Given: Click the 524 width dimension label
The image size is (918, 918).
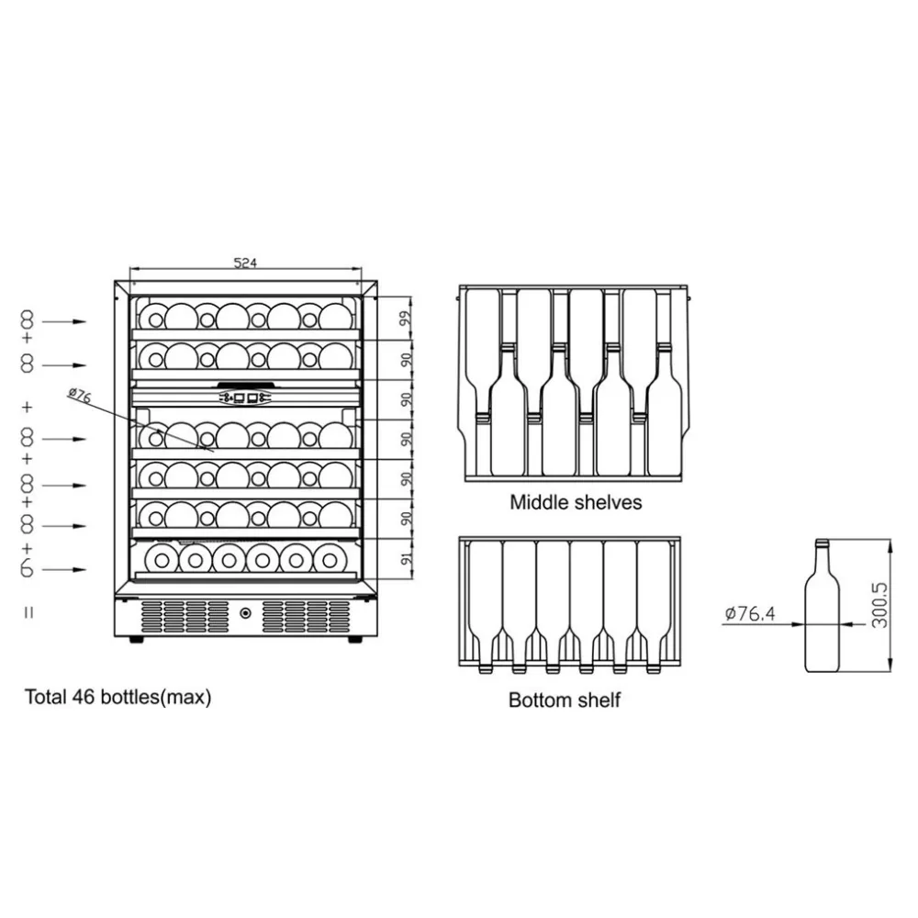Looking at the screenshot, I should pos(243,263).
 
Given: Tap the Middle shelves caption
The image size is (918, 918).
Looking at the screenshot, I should pos(576,502).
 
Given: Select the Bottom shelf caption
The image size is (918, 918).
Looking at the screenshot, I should pos(565,700).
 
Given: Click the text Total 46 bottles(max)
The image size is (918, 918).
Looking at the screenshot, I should pos(118,697).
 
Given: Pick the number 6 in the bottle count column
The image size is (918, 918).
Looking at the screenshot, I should pos(28,569).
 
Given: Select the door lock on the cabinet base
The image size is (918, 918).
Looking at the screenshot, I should pos(245,612).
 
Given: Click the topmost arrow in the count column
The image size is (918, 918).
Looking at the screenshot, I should pos(65,321).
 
